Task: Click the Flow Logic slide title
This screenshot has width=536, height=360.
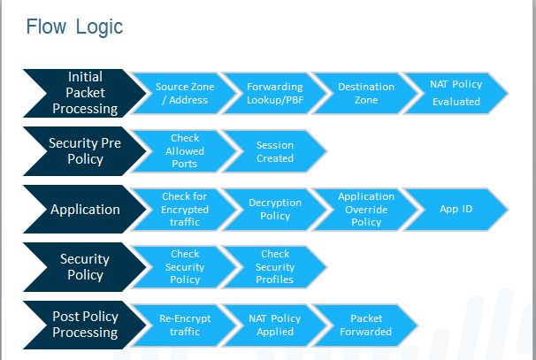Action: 74,27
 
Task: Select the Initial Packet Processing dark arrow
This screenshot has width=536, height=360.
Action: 85,93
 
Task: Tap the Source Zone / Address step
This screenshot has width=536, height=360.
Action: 185,93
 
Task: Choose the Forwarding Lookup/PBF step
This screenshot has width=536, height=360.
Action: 275,93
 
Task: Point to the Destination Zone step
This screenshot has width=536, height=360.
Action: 366,93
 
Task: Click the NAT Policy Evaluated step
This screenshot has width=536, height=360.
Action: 456,93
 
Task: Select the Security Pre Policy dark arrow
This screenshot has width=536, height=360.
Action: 85,151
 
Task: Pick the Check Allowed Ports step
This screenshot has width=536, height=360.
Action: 185,151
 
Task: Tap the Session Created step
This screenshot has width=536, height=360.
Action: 275,151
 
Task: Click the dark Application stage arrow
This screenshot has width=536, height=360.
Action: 85,210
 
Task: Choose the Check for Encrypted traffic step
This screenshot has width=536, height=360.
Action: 185,210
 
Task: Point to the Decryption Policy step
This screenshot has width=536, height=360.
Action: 275,210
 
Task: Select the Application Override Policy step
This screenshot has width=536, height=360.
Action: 366,210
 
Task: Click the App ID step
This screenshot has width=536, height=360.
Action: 456,210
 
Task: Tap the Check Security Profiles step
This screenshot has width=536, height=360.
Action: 275,267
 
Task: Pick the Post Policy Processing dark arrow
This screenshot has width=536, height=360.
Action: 85,325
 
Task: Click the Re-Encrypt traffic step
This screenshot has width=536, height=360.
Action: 185,325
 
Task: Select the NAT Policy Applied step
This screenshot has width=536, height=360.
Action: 275,325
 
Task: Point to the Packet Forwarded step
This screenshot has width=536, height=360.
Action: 366,325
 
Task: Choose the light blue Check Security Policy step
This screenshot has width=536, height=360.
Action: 185,267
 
